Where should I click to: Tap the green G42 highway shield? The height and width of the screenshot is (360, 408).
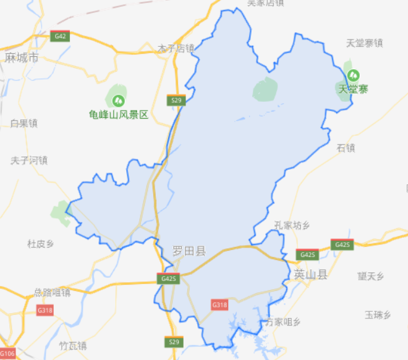coord(60,36)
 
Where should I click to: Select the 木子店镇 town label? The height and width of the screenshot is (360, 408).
coord(176,48)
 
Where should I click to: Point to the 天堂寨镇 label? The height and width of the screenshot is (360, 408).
coord(364,43)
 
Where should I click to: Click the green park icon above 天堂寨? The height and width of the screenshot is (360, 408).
coord(352,76)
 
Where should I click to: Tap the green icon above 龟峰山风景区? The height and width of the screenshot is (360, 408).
coord(117,99)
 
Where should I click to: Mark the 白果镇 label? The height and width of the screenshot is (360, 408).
coord(24,123)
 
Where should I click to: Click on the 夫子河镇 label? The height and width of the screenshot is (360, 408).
coord(29,161)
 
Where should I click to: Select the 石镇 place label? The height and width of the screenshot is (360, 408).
coord(346,148)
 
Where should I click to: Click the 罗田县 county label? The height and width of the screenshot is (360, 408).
coord(189,251)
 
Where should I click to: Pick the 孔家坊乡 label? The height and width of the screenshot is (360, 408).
coord(291,225)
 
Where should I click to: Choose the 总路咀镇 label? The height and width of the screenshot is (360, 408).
coord(53,292)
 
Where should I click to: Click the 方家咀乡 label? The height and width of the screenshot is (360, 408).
coord(283,322)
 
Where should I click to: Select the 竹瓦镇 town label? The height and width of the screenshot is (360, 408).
coord(72,345)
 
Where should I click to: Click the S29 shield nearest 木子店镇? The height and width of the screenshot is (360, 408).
coord(176,99)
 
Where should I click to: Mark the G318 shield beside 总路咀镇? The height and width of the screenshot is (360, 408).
coord(45,310)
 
